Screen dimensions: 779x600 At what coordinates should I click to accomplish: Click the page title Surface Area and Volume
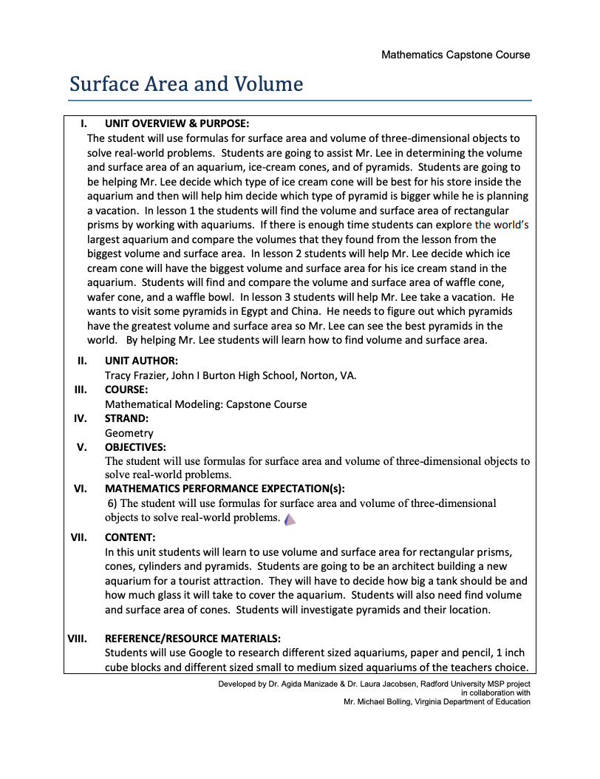coord(186,84)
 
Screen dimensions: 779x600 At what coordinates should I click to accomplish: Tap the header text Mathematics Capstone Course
coord(455,55)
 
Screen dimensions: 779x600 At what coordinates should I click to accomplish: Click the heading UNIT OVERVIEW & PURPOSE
coord(177,123)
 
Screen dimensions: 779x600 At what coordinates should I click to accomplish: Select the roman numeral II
coord(83,361)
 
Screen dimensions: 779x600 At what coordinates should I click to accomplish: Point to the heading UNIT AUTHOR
coord(141,361)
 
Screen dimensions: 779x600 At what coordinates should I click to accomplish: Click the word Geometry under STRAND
coord(129,433)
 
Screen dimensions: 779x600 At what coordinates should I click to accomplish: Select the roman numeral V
coord(82,447)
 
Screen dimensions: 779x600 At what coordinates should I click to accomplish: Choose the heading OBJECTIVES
coord(135,447)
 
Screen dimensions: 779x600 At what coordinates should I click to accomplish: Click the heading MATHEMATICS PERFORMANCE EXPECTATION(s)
coord(225,489)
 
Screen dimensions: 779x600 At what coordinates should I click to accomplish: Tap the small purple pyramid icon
coord(290,519)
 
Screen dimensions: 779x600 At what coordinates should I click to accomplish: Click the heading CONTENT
coord(130,537)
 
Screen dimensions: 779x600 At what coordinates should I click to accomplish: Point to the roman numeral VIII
coord(79,638)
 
